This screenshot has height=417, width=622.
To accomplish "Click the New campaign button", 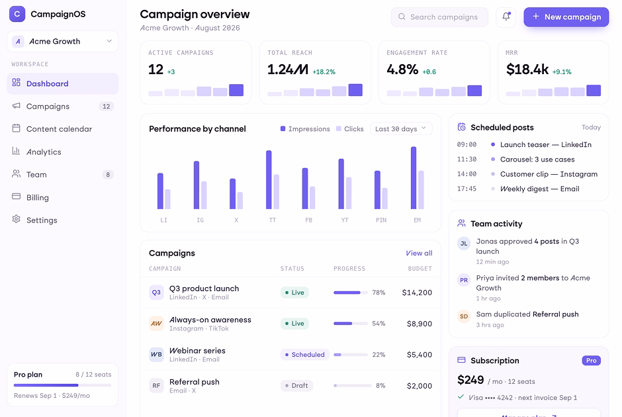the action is tap(566, 17).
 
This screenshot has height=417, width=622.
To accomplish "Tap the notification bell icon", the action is tap(506, 17).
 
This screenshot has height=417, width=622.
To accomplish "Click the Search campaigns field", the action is tap(439, 17).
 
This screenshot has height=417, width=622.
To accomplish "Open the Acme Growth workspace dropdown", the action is tap(63, 41).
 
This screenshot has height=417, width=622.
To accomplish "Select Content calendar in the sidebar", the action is tap(59, 129).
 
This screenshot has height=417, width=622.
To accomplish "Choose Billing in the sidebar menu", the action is tap(37, 198).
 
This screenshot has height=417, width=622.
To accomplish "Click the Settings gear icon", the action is tap(17, 219).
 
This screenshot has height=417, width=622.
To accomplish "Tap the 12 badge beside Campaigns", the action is tap(107, 107).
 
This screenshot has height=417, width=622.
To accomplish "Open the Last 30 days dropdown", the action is tap(400, 128).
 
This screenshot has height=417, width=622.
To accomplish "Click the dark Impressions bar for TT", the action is tap(269, 179).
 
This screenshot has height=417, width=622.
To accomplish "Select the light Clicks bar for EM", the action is tap(422, 190).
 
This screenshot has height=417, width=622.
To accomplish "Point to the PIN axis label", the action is tap(381, 220).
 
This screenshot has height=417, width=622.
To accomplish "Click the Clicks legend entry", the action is tap(349, 129).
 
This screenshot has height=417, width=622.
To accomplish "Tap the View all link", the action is tap(419, 253).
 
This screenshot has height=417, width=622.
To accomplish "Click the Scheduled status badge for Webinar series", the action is tap(304, 354).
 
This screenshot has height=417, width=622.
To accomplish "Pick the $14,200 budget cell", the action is tap(417, 293).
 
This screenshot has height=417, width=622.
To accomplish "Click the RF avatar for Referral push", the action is tap(156, 386).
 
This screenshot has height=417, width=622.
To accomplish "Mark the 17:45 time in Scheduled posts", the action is tap(466, 189).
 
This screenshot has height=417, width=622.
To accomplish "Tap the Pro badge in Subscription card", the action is tap(591, 361).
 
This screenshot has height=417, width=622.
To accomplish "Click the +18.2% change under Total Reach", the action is tap(324, 71).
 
